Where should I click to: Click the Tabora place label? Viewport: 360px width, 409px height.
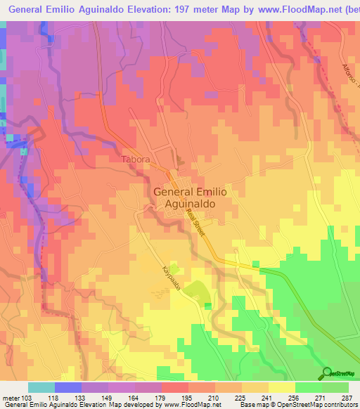click(135, 160)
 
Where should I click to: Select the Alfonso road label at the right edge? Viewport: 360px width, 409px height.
click(351, 78)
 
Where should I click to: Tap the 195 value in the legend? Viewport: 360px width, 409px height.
click(184, 397)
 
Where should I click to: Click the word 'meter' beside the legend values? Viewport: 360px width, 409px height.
click(11, 397)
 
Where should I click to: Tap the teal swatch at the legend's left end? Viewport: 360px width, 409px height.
click(41, 387)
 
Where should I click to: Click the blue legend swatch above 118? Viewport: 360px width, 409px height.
click(68, 387)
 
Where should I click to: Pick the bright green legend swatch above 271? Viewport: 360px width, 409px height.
click(307, 387)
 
